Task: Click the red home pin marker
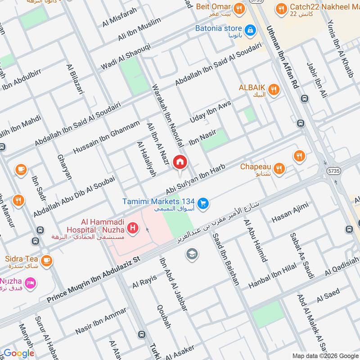coord(180,162)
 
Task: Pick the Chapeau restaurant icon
coord(279,169)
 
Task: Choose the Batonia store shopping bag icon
coord(250,30)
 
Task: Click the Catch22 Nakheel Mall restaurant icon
coord(282,8)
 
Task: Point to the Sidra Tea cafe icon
coord(46,260)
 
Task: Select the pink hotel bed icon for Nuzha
coord(31,283)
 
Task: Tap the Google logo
coord(19,353)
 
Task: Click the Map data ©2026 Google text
coord(325,355)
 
